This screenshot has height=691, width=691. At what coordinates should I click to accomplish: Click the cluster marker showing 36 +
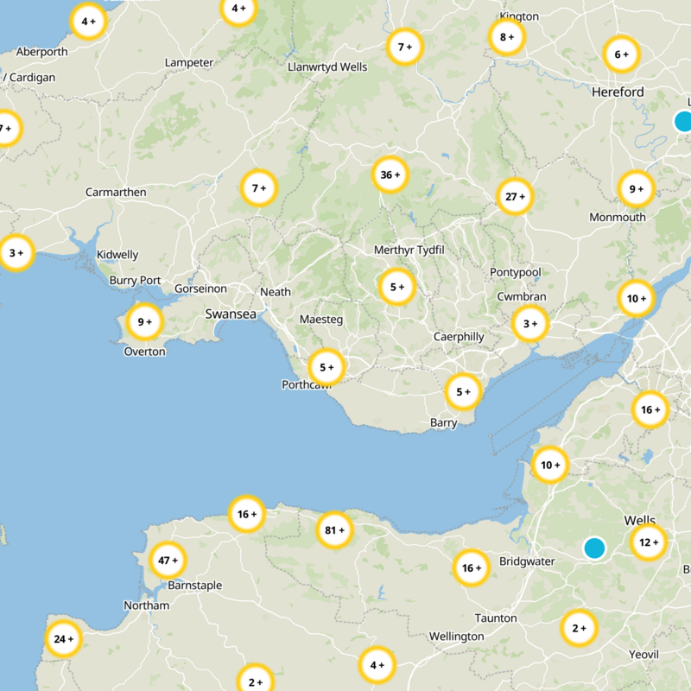390,175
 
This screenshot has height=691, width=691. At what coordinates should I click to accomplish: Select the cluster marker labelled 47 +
168,561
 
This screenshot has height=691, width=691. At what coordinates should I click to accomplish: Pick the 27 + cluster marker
515,196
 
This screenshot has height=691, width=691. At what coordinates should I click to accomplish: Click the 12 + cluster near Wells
648,542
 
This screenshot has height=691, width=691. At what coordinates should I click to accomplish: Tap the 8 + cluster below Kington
506,37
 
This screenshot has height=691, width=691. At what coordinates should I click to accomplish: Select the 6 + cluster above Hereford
621,55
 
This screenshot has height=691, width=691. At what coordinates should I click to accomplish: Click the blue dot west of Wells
594,548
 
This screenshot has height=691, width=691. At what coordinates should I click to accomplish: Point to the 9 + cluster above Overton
144,322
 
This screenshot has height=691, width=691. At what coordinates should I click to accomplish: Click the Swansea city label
231,314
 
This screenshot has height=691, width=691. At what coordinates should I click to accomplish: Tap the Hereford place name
618,92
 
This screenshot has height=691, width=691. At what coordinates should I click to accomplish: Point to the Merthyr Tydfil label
409,250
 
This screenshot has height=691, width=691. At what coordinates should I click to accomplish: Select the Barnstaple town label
194,586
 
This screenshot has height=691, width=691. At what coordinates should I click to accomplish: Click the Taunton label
496,618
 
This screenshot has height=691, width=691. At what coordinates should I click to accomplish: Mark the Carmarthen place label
116,192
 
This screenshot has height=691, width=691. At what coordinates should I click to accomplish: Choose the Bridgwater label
527,561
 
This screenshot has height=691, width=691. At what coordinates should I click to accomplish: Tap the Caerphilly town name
459,337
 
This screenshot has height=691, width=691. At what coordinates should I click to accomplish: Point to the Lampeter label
189,63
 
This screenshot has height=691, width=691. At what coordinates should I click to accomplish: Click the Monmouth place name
617,218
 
